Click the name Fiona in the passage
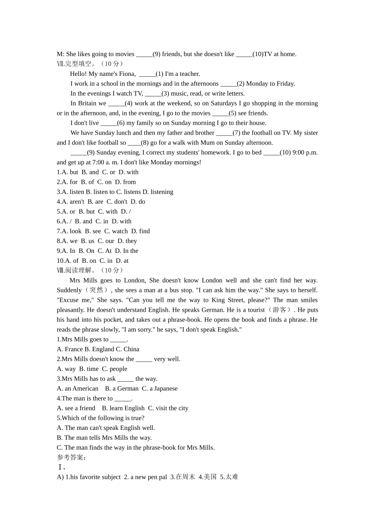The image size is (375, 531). (x=127, y=74)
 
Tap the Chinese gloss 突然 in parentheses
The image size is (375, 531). (x=96, y=290)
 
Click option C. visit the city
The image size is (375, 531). (x=168, y=408)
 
